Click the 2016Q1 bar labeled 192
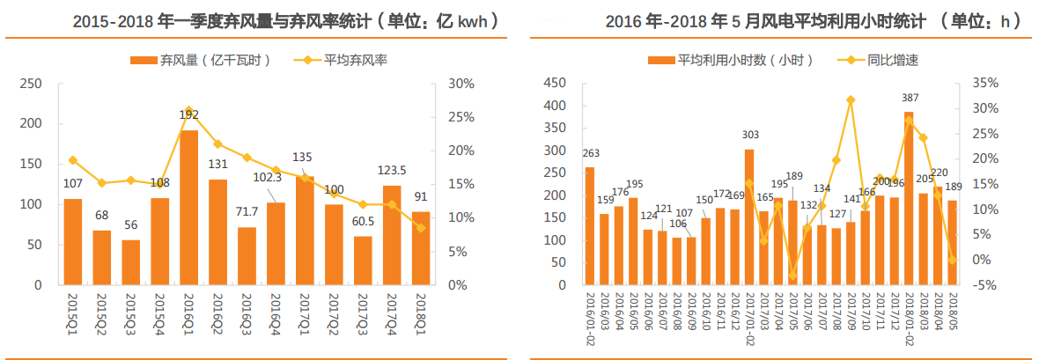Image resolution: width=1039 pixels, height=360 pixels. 188,208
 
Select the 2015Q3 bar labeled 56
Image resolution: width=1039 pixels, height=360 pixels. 130,262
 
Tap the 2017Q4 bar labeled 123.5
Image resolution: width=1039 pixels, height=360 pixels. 391,235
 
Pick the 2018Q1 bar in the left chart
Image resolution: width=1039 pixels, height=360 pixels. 420,248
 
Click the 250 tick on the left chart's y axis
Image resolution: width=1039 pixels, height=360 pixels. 31,84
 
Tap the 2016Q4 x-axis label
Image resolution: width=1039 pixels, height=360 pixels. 276,309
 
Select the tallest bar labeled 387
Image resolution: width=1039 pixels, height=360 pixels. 908,198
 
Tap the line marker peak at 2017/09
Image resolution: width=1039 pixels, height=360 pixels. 851,100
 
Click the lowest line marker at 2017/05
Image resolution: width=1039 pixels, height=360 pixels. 792,276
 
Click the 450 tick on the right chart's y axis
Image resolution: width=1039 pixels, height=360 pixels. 554,84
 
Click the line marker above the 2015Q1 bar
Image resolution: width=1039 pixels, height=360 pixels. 73,160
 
